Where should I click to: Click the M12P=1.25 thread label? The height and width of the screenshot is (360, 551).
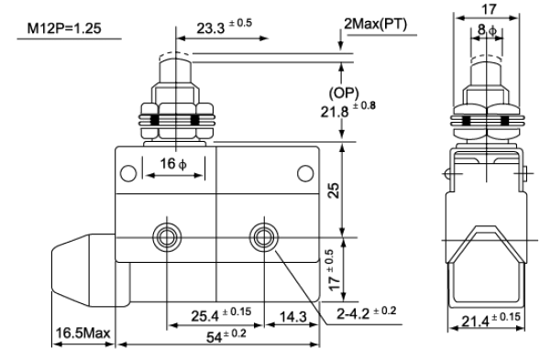64,28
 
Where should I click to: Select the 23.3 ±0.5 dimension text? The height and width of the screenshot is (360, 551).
225,27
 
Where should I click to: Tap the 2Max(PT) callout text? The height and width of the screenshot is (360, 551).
375,24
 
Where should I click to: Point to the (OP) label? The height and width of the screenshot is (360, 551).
344,93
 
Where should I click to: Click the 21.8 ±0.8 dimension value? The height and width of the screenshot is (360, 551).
347,110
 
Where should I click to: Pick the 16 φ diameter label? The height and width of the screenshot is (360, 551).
173,164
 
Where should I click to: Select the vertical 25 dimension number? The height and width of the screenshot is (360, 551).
334,191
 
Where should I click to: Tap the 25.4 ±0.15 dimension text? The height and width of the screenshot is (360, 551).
221,314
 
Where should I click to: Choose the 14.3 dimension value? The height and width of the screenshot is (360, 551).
293,316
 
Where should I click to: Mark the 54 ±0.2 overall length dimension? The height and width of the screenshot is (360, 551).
226,336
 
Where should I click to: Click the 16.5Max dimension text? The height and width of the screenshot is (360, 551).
83,333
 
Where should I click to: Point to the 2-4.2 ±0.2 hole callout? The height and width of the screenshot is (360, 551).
366,312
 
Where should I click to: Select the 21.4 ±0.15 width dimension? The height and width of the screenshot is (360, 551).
490,320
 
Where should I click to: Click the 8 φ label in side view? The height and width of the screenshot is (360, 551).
487,30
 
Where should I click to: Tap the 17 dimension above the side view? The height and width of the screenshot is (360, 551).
489,9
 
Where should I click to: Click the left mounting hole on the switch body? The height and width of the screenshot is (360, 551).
167,237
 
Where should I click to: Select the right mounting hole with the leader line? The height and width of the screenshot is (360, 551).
263,237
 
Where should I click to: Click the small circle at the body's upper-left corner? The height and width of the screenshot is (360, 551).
128,173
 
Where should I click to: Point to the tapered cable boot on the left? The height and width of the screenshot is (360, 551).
83,269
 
